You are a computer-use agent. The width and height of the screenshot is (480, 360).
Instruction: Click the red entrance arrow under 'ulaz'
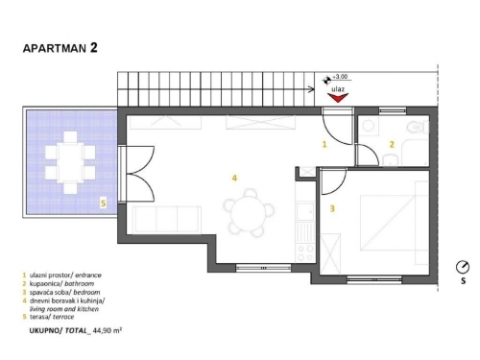click(338, 98)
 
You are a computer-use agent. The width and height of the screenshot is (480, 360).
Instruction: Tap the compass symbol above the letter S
click(463, 267)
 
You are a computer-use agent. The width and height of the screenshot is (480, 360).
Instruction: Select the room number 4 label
click(234, 178)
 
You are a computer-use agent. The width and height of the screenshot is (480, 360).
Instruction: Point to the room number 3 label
click(332, 208)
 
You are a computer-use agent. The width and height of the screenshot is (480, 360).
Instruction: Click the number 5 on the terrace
click(103, 204)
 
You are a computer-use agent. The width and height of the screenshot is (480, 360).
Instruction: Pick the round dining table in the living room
click(249, 212)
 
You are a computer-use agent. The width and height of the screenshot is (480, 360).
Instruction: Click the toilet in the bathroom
click(418, 128)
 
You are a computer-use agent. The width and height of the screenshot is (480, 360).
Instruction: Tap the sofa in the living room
click(167, 220)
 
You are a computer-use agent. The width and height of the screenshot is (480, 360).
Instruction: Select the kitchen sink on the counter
click(305, 211)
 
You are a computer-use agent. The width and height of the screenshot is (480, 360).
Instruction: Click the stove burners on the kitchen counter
click(305, 253)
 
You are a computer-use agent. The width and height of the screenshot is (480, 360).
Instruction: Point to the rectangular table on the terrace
click(70, 162)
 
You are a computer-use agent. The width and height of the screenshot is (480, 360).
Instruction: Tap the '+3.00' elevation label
click(340, 77)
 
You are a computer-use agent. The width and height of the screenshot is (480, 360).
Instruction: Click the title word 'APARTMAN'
click(55, 49)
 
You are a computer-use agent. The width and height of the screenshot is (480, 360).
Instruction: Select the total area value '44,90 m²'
click(107, 330)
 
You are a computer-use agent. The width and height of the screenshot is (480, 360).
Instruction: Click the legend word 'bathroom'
click(80, 283)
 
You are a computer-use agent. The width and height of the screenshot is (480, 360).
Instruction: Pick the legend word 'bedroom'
click(86, 292)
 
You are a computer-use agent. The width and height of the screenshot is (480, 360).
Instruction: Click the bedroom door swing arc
click(338, 184)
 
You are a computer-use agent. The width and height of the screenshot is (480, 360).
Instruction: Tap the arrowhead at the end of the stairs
click(311, 89)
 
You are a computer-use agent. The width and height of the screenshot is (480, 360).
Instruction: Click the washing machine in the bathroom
click(369, 126)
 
